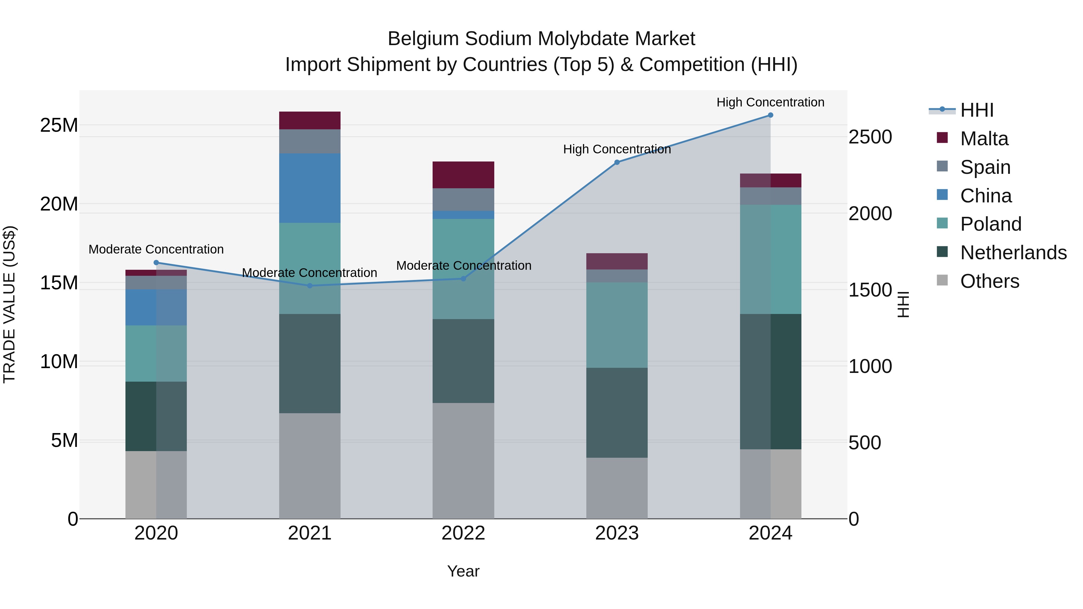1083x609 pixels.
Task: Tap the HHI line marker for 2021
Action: pos(310,286)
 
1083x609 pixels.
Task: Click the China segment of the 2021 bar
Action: pos(310,188)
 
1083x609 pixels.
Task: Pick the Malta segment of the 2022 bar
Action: pos(463,175)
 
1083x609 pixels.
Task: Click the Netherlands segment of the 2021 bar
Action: pos(310,364)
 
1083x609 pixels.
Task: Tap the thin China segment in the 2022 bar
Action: pos(463,215)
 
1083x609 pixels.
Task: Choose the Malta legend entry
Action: pos(984,139)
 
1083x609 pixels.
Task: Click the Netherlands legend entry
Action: pos(1013,253)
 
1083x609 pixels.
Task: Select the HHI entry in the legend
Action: pos(977,110)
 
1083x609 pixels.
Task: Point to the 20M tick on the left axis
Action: pos(59,204)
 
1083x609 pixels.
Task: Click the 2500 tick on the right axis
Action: pos(870,137)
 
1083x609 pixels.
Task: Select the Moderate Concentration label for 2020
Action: pos(156,249)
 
